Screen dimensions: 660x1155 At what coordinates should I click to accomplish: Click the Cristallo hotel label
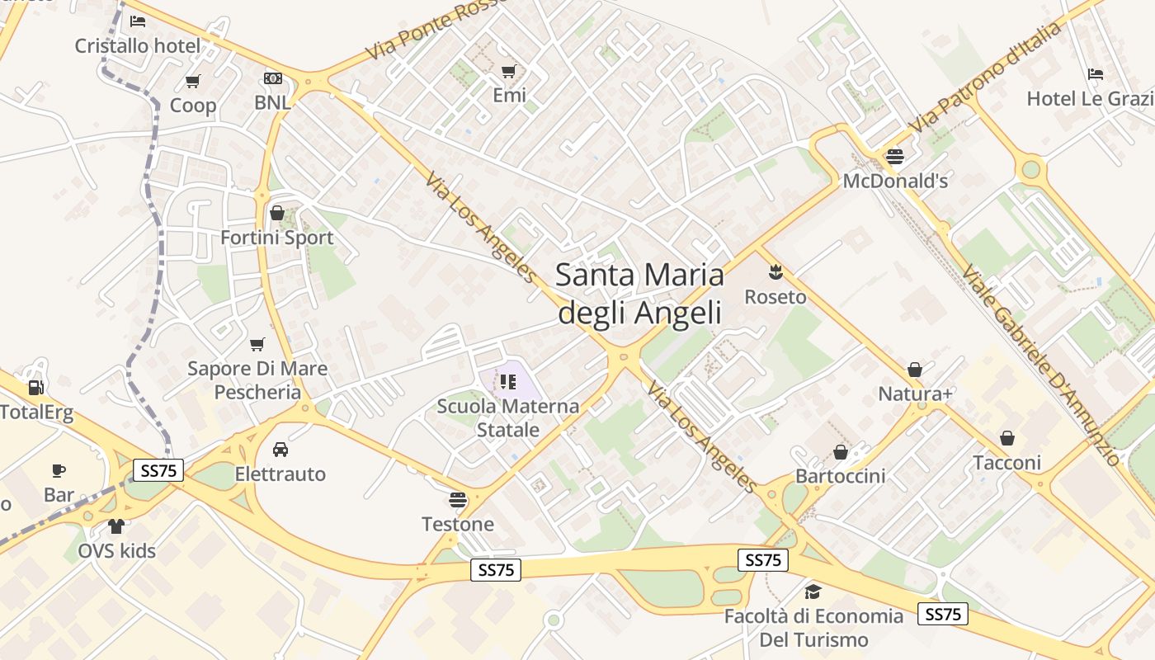138,45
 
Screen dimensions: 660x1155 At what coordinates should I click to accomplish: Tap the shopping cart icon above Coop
193,81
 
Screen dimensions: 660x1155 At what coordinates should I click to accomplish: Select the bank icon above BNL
273,78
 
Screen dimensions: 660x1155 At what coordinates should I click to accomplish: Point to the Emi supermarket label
509,96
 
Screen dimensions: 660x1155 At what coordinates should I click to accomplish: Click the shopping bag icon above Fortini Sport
277,213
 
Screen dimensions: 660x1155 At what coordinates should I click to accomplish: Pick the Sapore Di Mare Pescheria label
257,379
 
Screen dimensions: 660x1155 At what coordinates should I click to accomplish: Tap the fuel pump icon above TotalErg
35,387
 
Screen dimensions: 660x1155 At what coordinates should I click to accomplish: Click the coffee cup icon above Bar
59,470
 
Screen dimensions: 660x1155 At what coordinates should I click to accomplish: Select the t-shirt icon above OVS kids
116,526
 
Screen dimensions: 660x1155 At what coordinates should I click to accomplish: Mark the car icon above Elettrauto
280,450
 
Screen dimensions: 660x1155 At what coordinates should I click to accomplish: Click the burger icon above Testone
458,499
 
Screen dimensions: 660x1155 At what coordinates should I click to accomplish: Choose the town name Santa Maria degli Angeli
639,293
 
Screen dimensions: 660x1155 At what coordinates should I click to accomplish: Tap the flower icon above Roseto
775,271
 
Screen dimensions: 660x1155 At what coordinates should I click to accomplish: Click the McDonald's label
895,181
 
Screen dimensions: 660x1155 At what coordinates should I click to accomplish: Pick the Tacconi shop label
1007,463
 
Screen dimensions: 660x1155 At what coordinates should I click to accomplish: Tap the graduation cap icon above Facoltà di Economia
813,592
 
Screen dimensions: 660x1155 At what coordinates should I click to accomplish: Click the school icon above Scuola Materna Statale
508,381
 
